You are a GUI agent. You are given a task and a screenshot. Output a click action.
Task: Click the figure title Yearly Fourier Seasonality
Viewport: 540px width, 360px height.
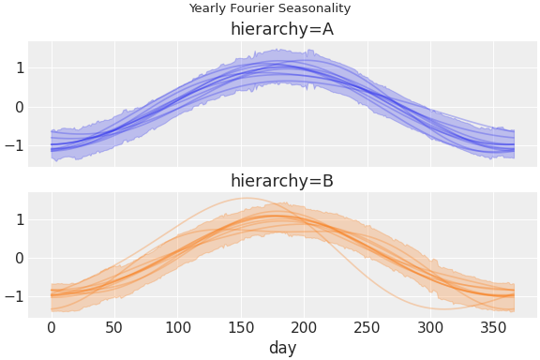pos(269,8)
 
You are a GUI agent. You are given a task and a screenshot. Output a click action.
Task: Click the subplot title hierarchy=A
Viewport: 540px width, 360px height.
pos(282,29)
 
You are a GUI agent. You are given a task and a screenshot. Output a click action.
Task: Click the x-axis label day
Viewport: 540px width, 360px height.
pos(282,348)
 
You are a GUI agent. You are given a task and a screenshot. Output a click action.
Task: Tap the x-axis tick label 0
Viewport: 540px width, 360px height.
pos(52,327)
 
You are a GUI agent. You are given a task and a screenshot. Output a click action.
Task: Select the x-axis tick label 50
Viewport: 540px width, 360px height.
pos(114,327)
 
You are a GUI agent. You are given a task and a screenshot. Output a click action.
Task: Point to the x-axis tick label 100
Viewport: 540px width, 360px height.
pos(177,327)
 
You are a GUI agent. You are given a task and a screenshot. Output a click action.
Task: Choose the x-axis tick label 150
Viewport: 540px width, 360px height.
pos(241,327)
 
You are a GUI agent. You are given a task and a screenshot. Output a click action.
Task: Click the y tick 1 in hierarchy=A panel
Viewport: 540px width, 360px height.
pos(17,67)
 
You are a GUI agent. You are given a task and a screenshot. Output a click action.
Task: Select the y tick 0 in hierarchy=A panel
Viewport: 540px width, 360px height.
pos(17,107)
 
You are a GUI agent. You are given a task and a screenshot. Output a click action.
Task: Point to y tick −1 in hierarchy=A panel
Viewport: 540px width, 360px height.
pos(13,146)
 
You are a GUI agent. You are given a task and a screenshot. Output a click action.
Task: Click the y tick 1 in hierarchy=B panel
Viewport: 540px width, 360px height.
pos(17,219)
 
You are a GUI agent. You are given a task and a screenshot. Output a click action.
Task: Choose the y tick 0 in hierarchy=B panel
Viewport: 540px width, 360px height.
pos(17,258)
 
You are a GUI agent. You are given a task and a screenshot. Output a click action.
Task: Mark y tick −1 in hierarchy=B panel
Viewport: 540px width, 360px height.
pos(13,297)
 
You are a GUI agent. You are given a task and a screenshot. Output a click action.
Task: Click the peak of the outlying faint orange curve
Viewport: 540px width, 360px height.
pos(247,198)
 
